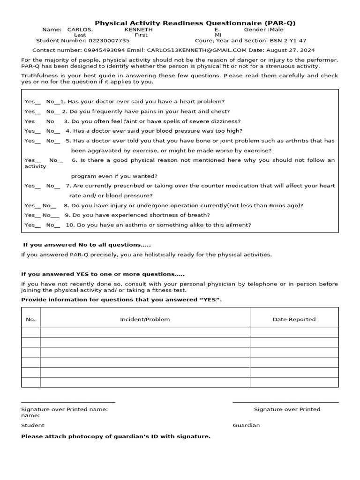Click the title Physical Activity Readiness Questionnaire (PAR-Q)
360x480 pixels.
[195, 23]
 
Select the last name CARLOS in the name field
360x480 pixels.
[80, 30]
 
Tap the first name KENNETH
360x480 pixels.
[138, 30]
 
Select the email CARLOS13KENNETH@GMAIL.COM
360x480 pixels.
[197, 50]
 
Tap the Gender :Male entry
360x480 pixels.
[264, 30]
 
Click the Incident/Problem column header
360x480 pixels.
[145, 320]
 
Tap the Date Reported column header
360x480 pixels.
[294, 320]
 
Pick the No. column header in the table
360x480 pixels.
[30, 320]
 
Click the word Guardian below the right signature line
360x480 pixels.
[246, 426]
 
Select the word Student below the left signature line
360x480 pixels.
[33, 426]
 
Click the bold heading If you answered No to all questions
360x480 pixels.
[87, 245]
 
